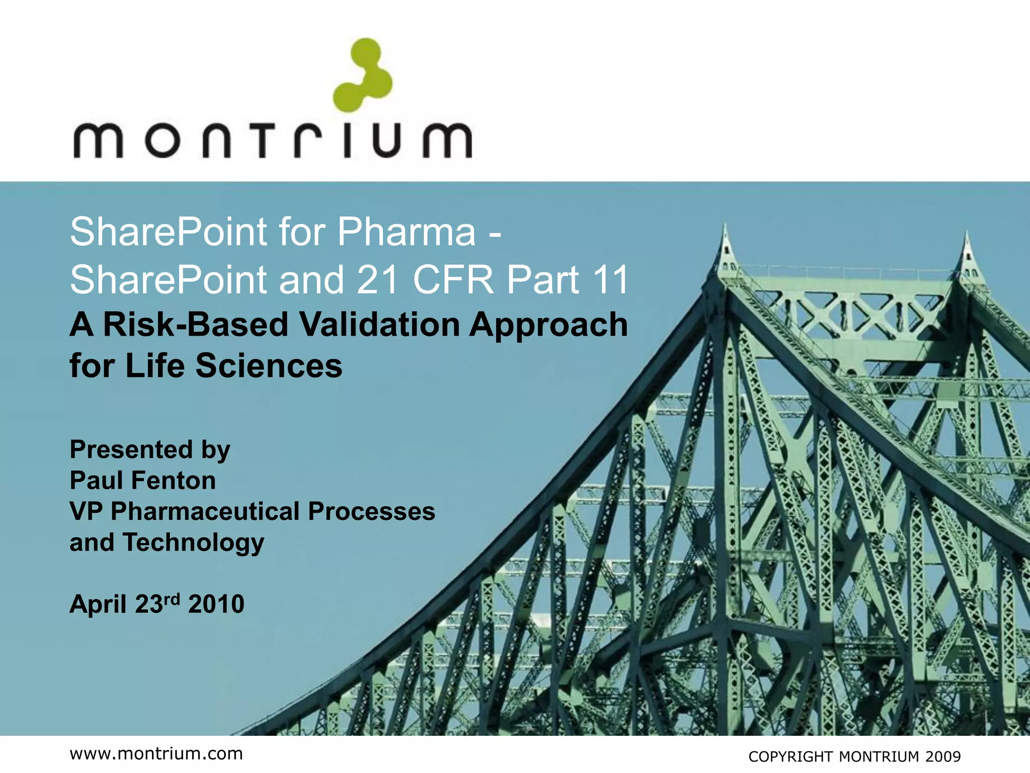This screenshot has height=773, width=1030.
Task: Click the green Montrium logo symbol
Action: pos(363,75)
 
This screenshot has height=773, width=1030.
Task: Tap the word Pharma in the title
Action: pos(406,232)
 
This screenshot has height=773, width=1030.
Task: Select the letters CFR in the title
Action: pos(454,280)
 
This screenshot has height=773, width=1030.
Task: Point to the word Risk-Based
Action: pos(195,325)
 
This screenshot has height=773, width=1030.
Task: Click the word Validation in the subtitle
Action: pos(380,325)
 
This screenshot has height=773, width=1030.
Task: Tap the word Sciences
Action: pos(269,365)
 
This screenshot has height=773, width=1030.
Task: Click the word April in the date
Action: pos(98,604)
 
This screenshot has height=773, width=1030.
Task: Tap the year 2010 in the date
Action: pos(216,604)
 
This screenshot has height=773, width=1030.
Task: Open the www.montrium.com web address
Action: pos(156,754)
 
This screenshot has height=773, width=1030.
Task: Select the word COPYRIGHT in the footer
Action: pos(790,757)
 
